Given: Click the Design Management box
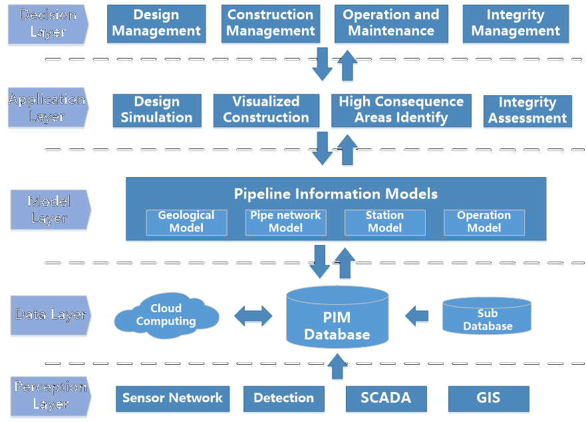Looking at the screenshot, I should [x=156, y=23].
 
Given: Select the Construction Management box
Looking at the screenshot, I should [x=270, y=23].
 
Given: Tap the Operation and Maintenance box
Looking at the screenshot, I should [x=390, y=23].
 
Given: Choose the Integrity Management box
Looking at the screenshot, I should [x=515, y=23].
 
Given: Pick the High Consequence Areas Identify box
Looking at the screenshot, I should [x=401, y=110].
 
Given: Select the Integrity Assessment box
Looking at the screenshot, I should [x=527, y=110].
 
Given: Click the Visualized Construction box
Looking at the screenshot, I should [x=265, y=110].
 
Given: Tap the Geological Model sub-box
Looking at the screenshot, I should [x=186, y=222].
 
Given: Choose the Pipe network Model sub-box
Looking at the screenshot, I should [x=285, y=222].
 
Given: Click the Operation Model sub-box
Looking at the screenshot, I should [x=484, y=222].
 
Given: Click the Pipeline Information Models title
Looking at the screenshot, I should [x=336, y=194].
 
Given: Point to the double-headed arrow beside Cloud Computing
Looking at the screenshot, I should [x=253, y=316].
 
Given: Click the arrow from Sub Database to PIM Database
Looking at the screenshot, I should [x=417, y=316].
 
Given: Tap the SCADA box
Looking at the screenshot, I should [x=386, y=398].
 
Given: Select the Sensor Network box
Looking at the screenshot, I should [x=172, y=398].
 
